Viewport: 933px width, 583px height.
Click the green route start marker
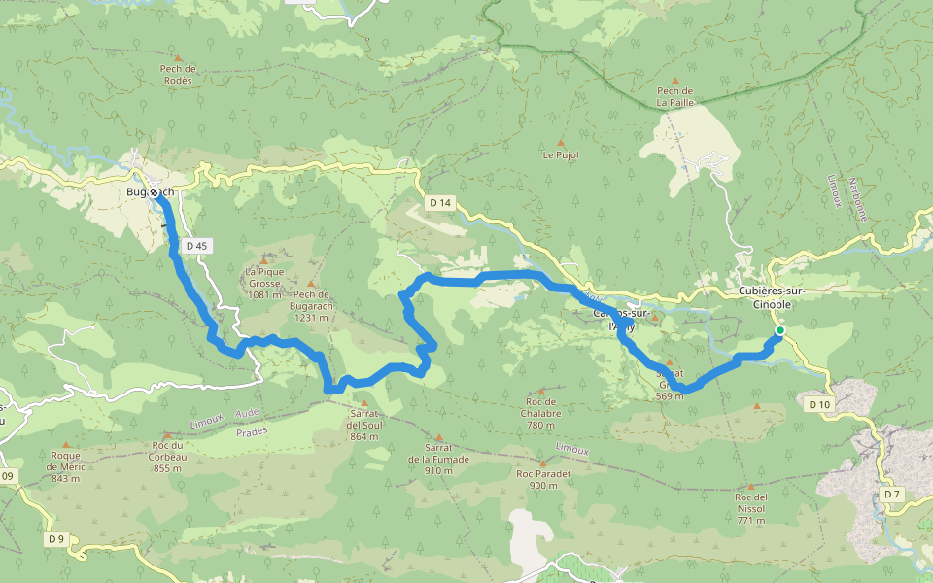[x=779, y=331]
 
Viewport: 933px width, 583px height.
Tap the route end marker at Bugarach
[x=154, y=193]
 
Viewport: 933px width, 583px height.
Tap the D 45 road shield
[x=195, y=246]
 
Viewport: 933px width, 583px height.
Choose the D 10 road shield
[x=819, y=403]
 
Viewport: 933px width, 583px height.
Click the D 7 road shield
[x=892, y=495]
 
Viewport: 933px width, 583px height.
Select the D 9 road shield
[x=55, y=538]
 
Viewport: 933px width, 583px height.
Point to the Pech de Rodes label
[x=177, y=74]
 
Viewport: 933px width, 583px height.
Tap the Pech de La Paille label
[x=675, y=95]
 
